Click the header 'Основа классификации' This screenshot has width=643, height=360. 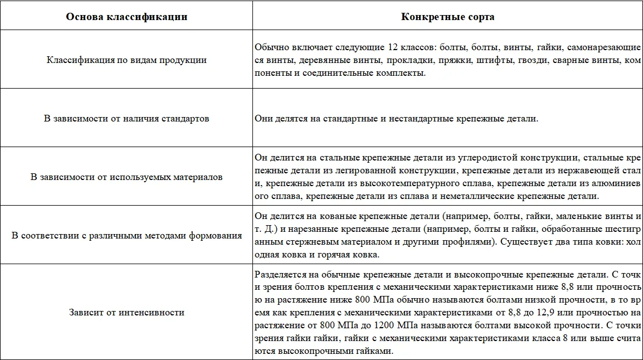coord(126,17)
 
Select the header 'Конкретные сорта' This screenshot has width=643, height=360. coord(447,17)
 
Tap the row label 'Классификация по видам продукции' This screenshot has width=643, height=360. coord(126,60)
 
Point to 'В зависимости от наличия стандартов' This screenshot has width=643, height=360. coord(126,119)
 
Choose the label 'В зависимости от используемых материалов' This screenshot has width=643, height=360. coord(126,177)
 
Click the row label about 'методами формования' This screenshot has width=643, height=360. coord(126,236)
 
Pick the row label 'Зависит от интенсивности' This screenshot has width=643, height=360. coord(126,313)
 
